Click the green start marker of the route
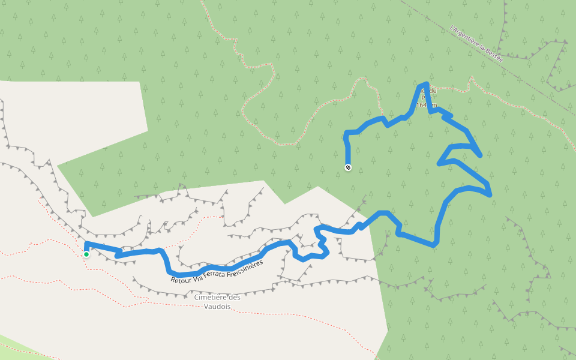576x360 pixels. click(86, 254)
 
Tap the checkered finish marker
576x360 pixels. click(348, 167)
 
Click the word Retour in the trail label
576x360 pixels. click(182, 278)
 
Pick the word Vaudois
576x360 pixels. click(217, 307)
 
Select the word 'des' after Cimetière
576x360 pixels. click(235, 297)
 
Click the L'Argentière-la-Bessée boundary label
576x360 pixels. click(476, 43)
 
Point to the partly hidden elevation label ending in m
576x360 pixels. click(424, 105)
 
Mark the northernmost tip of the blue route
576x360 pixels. click(425, 84)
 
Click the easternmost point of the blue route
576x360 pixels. click(490, 194)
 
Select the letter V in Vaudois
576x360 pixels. click(206, 307)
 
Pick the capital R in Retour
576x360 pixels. click(173, 280)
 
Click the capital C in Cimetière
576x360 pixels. click(197, 297)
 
